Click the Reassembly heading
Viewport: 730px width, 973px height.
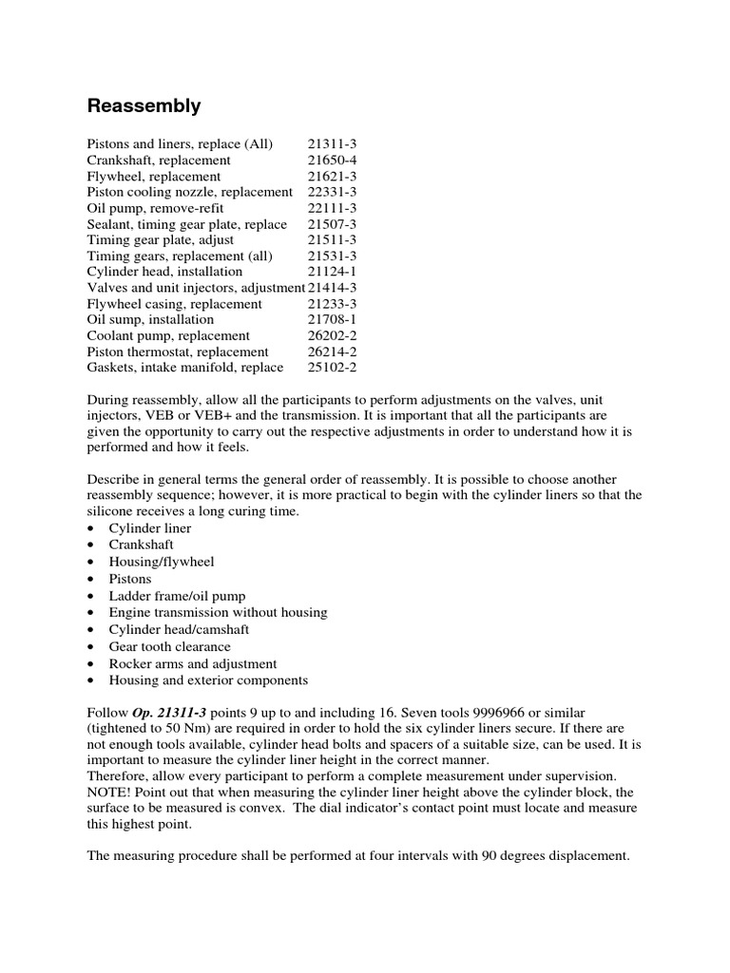click(x=144, y=105)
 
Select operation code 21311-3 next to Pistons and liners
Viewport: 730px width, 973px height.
click(x=332, y=144)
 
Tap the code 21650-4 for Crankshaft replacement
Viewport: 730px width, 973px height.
click(x=332, y=161)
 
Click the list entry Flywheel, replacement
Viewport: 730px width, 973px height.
click(x=154, y=177)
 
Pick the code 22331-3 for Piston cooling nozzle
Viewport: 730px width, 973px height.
click(x=332, y=192)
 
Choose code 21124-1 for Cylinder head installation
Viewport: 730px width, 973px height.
click(x=332, y=272)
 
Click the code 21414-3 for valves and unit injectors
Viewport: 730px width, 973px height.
click(x=332, y=288)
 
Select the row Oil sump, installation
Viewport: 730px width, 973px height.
click(x=151, y=320)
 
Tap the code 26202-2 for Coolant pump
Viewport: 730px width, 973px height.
click(x=332, y=335)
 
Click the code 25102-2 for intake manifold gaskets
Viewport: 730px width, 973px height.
click(x=332, y=368)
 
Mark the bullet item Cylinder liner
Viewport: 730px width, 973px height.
click(x=150, y=528)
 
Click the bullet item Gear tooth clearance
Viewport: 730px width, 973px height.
click(x=170, y=647)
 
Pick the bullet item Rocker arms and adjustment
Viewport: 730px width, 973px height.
click(x=193, y=664)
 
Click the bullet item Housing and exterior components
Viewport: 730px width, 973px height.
click(x=208, y=680)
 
